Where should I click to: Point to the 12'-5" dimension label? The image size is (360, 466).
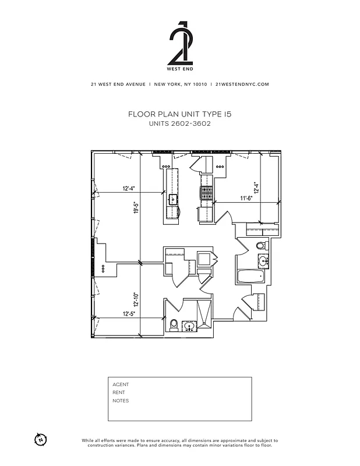point(130,315)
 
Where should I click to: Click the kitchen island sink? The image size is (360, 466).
point(173,199)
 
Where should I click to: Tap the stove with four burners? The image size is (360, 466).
point(206,193)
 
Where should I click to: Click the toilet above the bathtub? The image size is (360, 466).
point(261,246)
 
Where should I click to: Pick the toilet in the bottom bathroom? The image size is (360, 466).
point(174,324)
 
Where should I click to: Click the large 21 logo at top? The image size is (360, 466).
point(180,44)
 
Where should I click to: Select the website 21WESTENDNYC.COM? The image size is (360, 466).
point(242,84)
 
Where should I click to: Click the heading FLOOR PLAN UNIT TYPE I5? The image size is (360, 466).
point(179,115)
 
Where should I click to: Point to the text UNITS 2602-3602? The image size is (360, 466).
point(179,123)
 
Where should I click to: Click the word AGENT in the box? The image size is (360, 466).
point(121,384)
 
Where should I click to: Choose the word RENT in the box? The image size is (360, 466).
point(119,393)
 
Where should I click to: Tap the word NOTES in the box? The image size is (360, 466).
point(121,401)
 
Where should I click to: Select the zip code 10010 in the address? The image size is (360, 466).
point(199,84)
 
